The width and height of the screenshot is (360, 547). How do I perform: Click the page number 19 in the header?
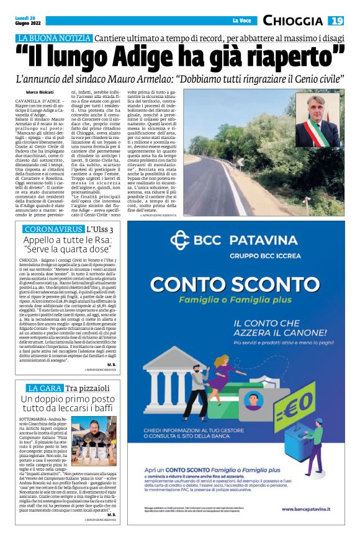336,21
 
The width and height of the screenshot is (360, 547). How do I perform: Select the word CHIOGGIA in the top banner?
293,21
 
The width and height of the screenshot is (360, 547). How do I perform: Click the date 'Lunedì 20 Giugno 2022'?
27,21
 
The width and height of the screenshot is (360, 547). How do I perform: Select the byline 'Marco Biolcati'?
40,92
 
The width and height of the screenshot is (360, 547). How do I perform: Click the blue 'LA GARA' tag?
40,388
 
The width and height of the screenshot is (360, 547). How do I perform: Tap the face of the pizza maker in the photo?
100,430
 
